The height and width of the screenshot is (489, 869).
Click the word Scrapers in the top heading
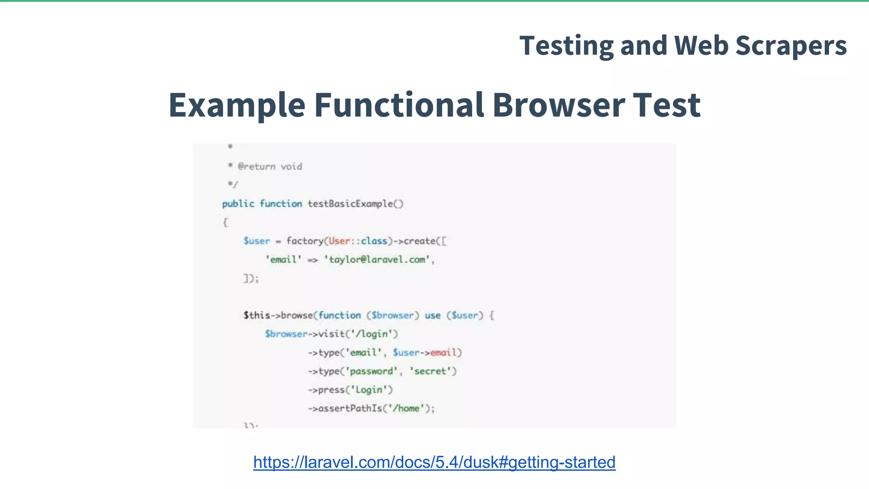(791, 46)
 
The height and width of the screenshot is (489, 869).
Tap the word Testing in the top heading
(566, 46)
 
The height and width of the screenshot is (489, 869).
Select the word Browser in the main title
(558, 105)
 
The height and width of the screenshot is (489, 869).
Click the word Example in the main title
(237, 105)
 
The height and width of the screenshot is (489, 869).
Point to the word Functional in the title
(399, 105)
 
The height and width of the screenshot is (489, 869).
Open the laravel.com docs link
(434, 462)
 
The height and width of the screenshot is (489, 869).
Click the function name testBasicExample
(350, 204)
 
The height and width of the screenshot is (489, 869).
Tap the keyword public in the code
(238, 204)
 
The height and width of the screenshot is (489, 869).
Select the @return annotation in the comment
(257, 166)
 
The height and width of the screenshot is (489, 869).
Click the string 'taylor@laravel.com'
(379, 259)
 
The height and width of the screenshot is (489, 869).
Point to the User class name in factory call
(339, 241)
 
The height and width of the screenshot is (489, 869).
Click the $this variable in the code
(257, 315)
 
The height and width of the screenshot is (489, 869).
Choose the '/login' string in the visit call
(372, 334)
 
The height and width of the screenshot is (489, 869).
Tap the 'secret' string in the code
(430, 371)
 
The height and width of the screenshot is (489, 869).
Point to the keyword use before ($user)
(432, 315)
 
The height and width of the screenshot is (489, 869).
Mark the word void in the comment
(292, 166)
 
